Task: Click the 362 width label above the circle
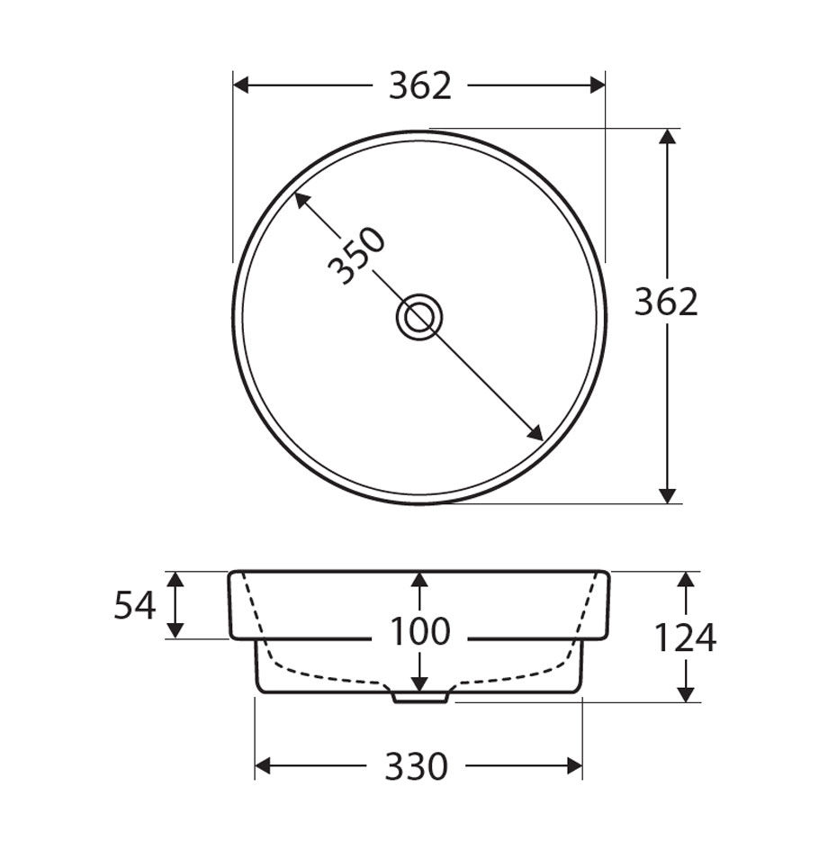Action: pos(419,86)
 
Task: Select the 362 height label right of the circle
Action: pos(666,302)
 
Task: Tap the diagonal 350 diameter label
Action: pos(356,257)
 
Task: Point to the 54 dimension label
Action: pos(135,606)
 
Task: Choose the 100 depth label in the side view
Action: pos(419,632)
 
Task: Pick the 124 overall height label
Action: pos(685,638)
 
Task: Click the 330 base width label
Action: pos(417,767)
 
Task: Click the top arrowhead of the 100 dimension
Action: pos(419,580)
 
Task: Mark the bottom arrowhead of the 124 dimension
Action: pos(686,693)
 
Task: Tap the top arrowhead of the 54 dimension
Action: pos(176,579)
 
